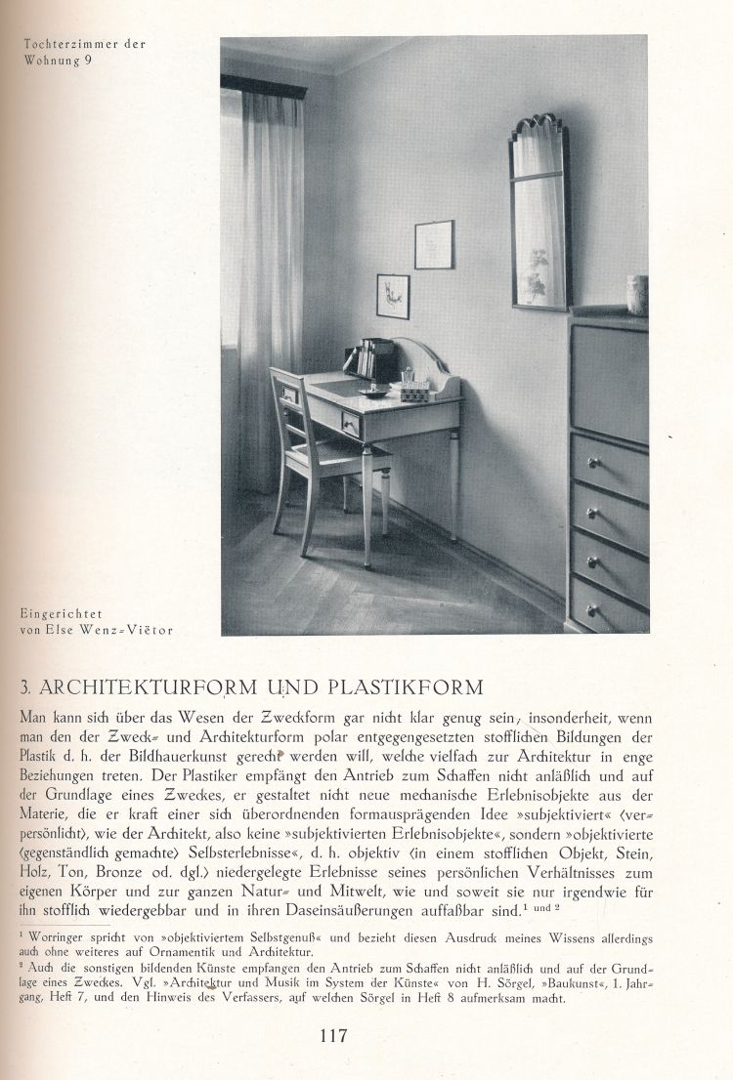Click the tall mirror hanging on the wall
coord(539,215)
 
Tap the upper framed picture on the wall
coord(434,244)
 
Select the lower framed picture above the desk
coord(393,296)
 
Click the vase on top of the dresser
coord(637,295)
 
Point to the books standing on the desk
coord(372,359)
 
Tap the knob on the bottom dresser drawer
coord(593,610)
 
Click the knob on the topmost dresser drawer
coord(593,462)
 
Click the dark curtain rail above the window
coord(264,87)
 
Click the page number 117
coord(333,1036)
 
